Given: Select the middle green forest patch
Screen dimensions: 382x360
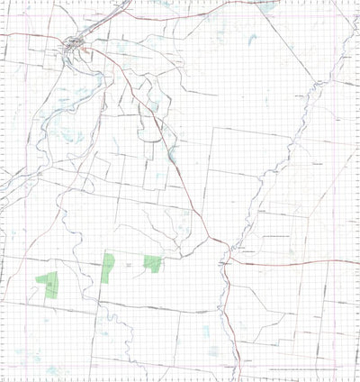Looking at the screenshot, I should click(x=108, y=268).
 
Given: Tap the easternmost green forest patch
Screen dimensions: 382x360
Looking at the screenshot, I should click(x=152, y=263).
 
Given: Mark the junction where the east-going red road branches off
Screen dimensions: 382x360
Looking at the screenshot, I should click(x=227, y=259).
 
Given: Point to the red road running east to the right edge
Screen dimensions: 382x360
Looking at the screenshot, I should click(x=297, y=262).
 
